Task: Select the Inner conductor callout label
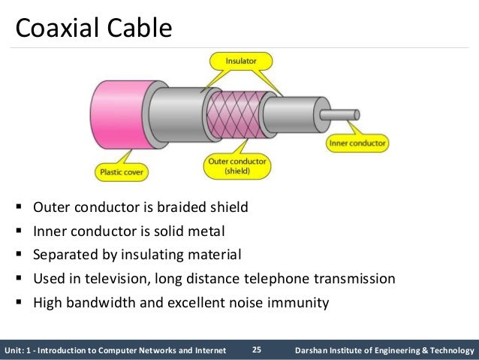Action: click(x=357, y=142)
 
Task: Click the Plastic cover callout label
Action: click(x=121, y=171)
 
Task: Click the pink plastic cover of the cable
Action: click(x=113, y=112)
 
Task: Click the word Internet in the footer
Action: click(x=207, y=350)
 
